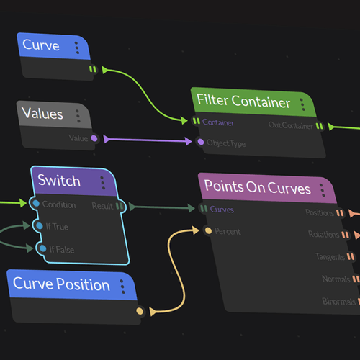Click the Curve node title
(x=41, y=45)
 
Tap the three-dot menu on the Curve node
(x=76, y=48)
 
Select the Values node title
(x=42, y=114)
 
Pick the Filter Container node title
(x=243, y=102)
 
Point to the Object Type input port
(x=201, y=143)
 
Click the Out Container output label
(x=290, y=126)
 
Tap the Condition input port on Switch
(x=35, y=204)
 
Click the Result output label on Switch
(x=102, y=206)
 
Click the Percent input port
(x=208, y=231)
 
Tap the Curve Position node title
(x=61, y=284)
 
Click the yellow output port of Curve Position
(x=140, y=311)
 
